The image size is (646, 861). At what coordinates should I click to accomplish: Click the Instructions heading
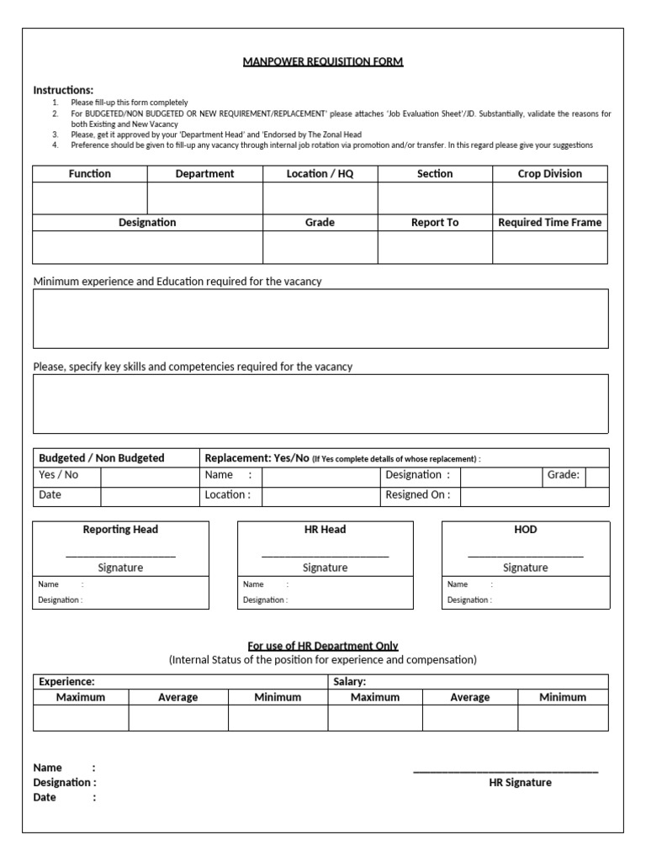pos(63,90)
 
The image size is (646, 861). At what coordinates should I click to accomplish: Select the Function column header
pos(89,174)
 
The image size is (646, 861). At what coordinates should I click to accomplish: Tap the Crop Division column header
pos(549,174)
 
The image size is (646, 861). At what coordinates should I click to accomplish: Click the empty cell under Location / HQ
pos(320,198)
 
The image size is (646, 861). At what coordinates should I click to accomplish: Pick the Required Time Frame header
pos(549,223)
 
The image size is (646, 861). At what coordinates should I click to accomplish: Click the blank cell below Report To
pos(434,247)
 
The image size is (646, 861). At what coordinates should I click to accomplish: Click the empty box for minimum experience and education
pos(320,319)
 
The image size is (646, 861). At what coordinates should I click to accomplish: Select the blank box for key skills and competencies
pos(320,404)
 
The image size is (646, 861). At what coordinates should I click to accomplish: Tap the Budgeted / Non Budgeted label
pos(101,458)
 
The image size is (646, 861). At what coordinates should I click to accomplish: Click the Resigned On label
pos(417,495)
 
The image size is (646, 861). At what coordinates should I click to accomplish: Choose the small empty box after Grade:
pos(597,476)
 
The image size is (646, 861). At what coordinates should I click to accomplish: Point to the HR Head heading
pos(325,530)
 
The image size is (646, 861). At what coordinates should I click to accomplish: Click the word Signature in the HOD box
pos(525,568)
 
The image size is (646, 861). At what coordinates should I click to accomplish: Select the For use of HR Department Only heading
pos(322,646)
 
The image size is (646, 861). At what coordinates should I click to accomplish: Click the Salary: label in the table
pos(350,682)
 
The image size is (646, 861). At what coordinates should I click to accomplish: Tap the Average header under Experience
pos(177,698)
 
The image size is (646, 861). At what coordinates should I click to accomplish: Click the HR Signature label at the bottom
pos(520,783)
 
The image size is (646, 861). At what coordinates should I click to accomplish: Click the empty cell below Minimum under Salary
pos(562,718)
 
